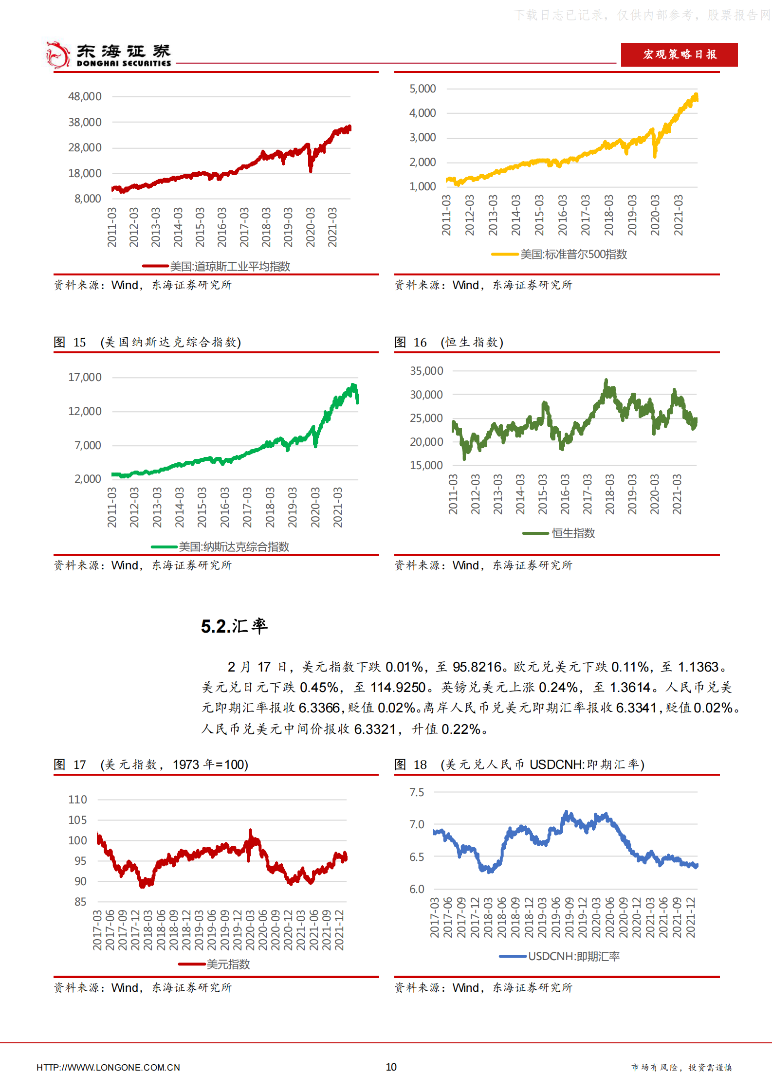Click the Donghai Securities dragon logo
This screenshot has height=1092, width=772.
point(57,55)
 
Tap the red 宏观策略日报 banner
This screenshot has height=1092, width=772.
point(679,55)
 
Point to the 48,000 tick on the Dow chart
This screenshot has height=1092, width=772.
point(85,96)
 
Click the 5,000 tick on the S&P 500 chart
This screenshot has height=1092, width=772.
point(423,89)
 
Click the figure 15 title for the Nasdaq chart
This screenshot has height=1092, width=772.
point(147,342)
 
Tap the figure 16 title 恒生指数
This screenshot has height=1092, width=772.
point(448,342)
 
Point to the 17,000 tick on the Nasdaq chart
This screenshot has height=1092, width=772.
point(85,377)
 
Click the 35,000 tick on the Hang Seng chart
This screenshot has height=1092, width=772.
point(426,371)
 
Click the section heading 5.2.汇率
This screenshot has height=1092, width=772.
point(234,626)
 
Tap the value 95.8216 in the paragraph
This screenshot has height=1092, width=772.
point(477,667)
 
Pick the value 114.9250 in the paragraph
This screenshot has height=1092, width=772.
point(398,687)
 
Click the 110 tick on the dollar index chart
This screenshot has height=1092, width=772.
point(77,800)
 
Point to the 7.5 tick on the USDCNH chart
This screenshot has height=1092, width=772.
point(417,792)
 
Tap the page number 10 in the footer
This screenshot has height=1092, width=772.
point(391,1067)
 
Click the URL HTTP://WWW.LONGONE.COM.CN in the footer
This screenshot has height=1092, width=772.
point(108,1067)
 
